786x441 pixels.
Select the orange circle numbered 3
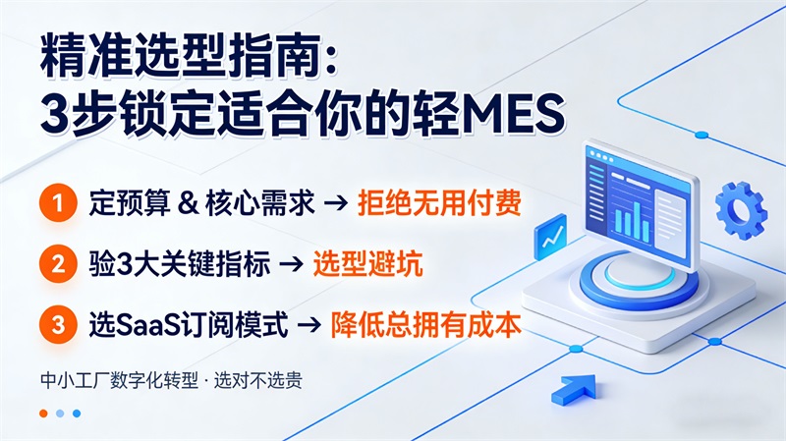[58, 323]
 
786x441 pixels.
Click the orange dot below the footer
[43, 413]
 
